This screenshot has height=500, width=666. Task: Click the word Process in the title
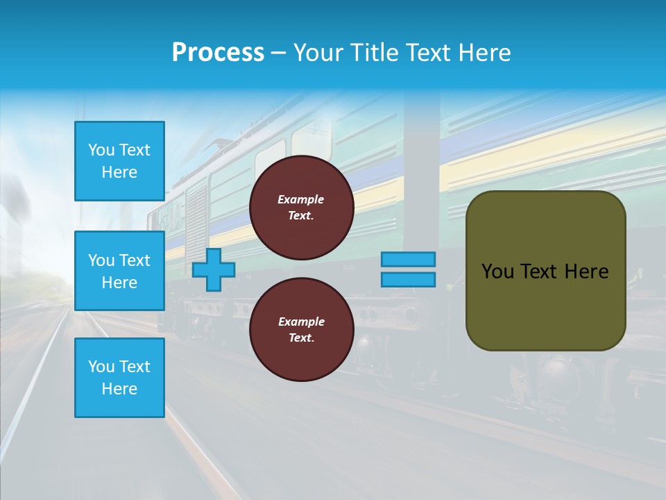pos(218,53)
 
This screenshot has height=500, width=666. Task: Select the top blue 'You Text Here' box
pos(119,161)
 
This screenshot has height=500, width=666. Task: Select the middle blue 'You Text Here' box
pos(119,271)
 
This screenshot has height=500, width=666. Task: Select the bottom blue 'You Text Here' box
pos(119,378)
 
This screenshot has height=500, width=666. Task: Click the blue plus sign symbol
pos(214,270)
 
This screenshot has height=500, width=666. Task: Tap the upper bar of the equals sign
pos(409,259)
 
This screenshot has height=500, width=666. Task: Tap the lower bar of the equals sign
pos(409,280)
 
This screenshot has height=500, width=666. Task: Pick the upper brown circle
pos(302,208)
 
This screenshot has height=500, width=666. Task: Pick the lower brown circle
pos(302,330)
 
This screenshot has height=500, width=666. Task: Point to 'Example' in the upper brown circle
pos(301,199)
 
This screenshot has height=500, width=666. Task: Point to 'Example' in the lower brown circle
pos(301,322)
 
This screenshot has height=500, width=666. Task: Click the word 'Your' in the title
pos(318,53)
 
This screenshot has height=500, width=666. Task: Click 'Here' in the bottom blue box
pos(119,389)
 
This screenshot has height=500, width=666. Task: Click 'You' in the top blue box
pos(101,150)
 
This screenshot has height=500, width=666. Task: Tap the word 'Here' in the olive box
pos(587,272)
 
